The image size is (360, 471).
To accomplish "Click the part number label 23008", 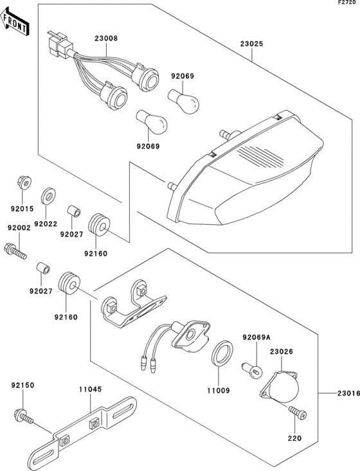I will [x=106, y=38].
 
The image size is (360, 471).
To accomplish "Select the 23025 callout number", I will [x=251, y=45].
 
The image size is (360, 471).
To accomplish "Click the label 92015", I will [x=21, y=209].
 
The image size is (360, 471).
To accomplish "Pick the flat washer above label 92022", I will [x=48, y=195].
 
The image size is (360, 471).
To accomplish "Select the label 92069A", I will [x=256, y=337].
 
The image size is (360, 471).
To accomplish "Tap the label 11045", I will [x=91, y=389].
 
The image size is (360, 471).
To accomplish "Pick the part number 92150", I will [x=22, y=386].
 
